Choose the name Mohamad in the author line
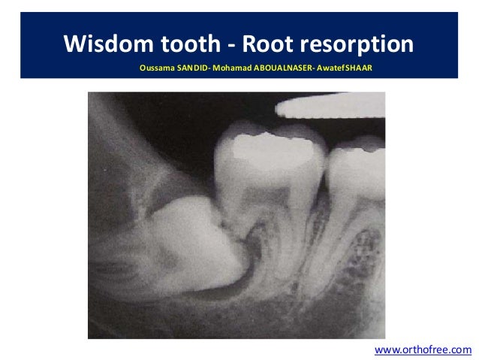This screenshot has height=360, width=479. click(x=239, y=68)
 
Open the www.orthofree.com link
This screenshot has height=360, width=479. click(x=422, y=349)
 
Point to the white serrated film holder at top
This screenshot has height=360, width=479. click(x=330, y=107)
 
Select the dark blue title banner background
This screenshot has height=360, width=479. click(x=435, y=30)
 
